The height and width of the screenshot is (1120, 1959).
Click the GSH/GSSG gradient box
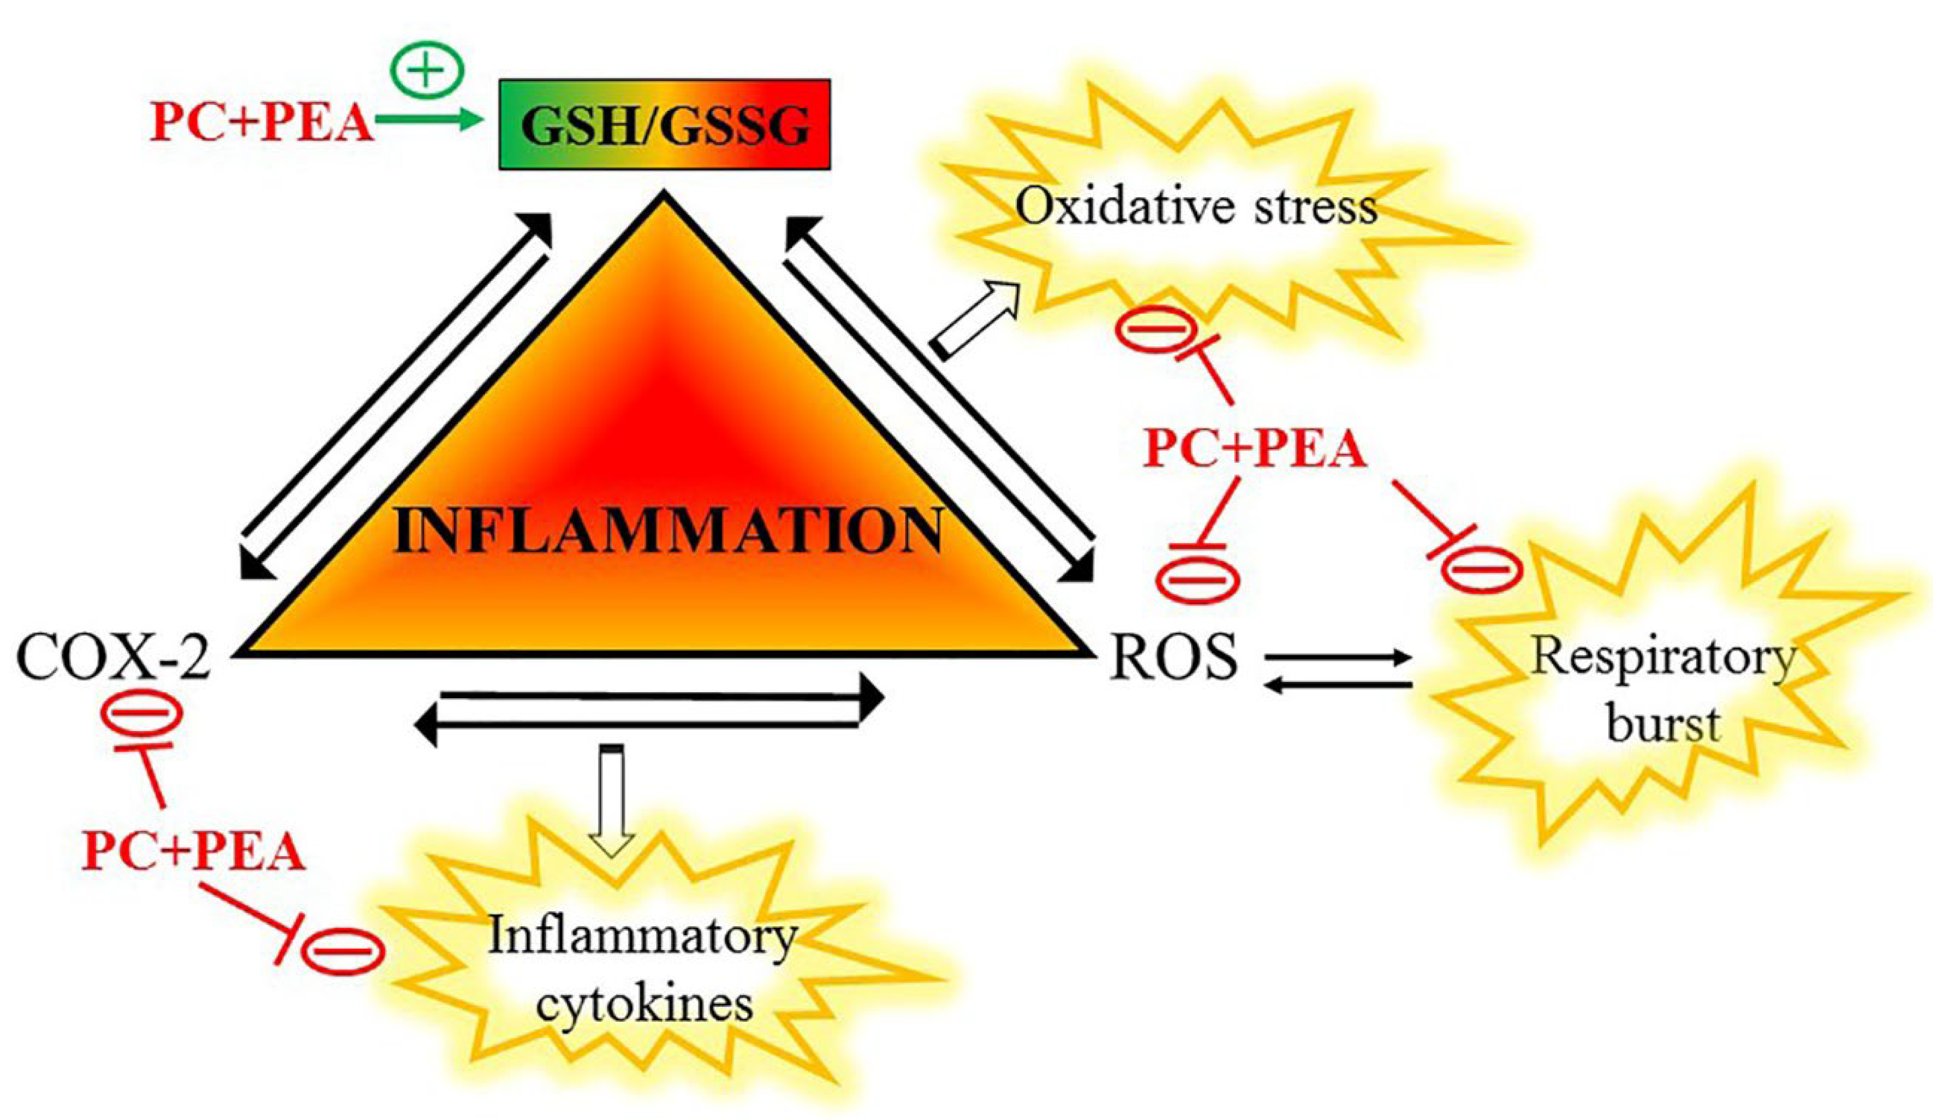click(664, 124)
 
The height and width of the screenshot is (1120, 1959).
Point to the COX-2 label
click(113, 658)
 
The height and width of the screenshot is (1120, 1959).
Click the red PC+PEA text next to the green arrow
click(262, 121)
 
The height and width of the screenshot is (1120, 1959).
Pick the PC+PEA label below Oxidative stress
click(1254, 449)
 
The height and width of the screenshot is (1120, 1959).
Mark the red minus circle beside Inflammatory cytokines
click(342, 952)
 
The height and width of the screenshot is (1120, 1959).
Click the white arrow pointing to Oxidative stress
click(975, 319)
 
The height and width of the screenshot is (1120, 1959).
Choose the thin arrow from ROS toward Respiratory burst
click(1338, 658)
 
